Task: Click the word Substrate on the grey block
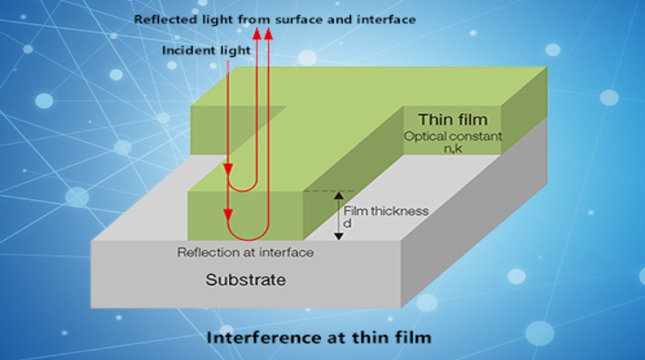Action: pyautogui.click(x=245, y=279)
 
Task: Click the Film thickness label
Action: pyautogui.click(x=386, y=211)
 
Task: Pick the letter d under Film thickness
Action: pyautogui.click(x=348, y=224)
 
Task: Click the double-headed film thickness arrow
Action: pyautogui.click(x=337, y=216)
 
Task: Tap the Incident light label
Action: pyautogui.click(x=206, y=50)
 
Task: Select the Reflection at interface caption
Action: pyautogui.click(x=246, y=253)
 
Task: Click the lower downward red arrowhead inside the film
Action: pyautogui.click(x=228, y=215)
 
